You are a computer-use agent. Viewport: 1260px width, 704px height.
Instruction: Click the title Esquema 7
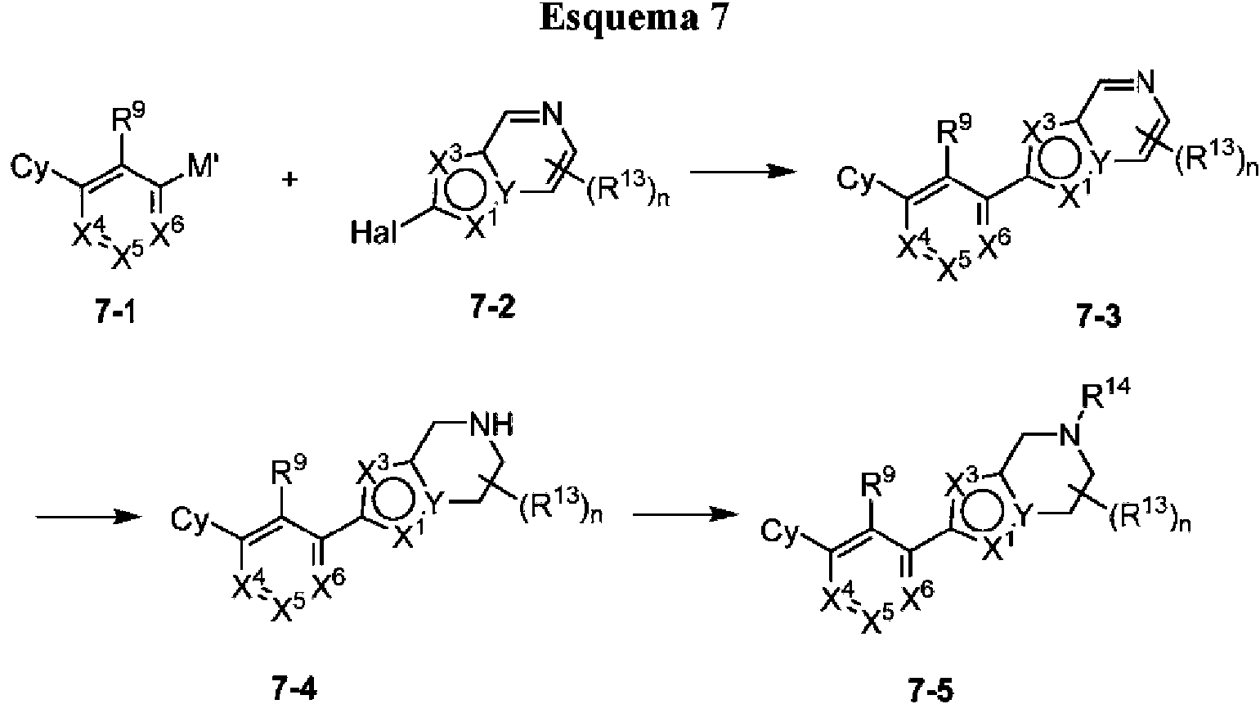click(634, 18)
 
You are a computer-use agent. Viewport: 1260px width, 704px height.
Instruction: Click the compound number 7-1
click(115, 312)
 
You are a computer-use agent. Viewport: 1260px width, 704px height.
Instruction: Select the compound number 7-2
click(493, 309)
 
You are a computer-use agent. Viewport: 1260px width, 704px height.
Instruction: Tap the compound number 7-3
click(1099, 317)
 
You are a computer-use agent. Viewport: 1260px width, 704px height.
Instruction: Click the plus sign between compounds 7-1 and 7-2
click(289, 180)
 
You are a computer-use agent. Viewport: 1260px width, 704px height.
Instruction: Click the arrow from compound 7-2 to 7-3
click(743, 171)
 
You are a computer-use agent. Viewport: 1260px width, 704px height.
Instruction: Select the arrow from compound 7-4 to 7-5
click(685, 514)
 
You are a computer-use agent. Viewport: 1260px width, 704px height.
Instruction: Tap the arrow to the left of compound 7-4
click(87, 516)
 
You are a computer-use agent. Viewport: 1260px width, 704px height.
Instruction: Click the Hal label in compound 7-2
click(374, 231)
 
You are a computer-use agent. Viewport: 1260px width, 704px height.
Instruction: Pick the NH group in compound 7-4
click(491, 426)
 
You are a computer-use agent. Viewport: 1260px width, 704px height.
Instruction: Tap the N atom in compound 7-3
click(1144, 84)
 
